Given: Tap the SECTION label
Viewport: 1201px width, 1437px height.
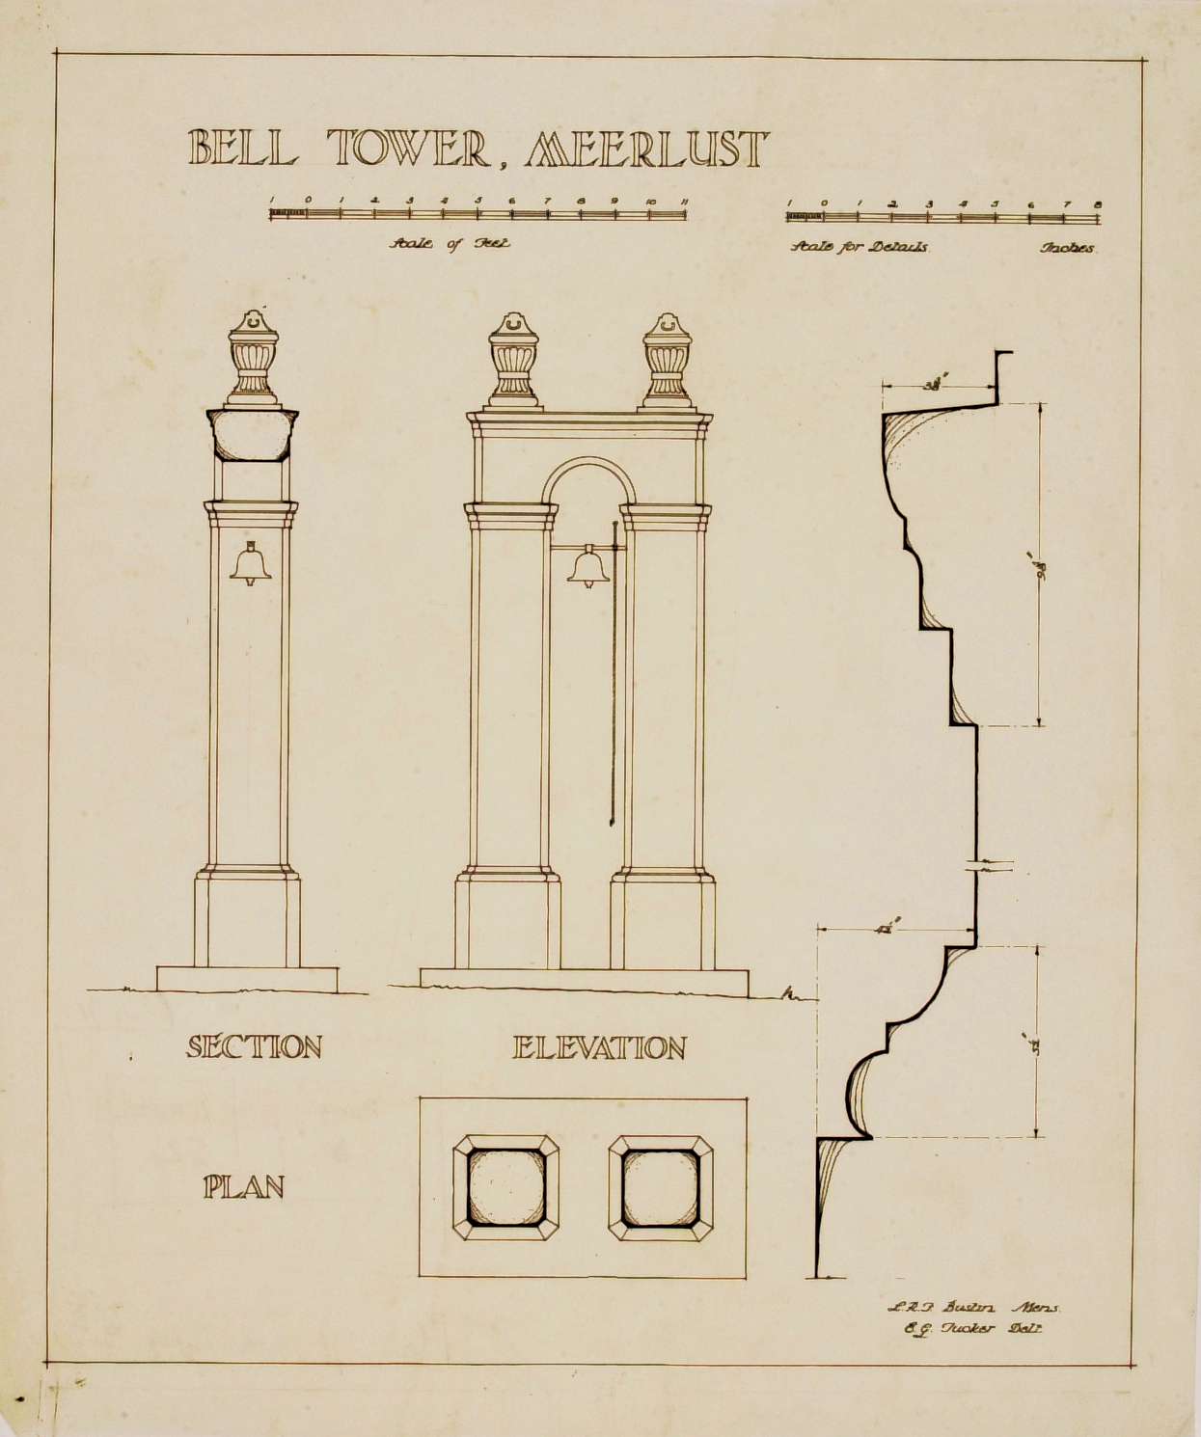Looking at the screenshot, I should (x=254, y=1046).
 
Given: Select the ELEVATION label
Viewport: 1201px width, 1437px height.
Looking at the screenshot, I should (x=599, y=1047).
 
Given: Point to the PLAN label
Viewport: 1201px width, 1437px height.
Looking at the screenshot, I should (x=244, y=1186).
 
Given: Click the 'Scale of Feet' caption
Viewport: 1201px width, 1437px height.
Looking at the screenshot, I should (x=450, y=244).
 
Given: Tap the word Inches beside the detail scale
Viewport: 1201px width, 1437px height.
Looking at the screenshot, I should (x=1067, y=248).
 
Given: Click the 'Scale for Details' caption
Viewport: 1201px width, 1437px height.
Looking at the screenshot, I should (x=860, y=247).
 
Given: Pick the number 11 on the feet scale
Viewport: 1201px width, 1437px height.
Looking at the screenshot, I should (x=684, y=201).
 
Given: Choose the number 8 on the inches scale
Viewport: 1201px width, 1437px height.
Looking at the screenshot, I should (x=1098, y=204).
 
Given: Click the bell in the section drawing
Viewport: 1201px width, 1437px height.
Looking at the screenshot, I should (x=251, y=564).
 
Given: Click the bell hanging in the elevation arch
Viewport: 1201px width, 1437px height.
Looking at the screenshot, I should (x=587, y=567).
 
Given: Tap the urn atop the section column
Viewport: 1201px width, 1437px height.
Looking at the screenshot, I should (x=253, y=357).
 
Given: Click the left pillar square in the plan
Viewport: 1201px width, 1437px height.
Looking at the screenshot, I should (x=505, y=1186).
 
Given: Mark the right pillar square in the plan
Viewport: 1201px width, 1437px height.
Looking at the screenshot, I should (x=661, y=1186).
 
